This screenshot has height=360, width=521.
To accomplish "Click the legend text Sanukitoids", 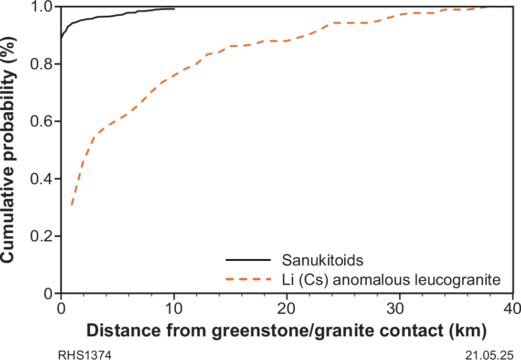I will [x=316, y=260].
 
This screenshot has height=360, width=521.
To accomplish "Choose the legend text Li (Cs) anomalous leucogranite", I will [x=390, y=280].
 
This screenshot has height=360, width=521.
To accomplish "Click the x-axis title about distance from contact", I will [x=286, y=332].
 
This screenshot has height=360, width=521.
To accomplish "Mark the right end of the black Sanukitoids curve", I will [x=174, y=9].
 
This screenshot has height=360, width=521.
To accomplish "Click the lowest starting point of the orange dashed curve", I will [x=71, y=205].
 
